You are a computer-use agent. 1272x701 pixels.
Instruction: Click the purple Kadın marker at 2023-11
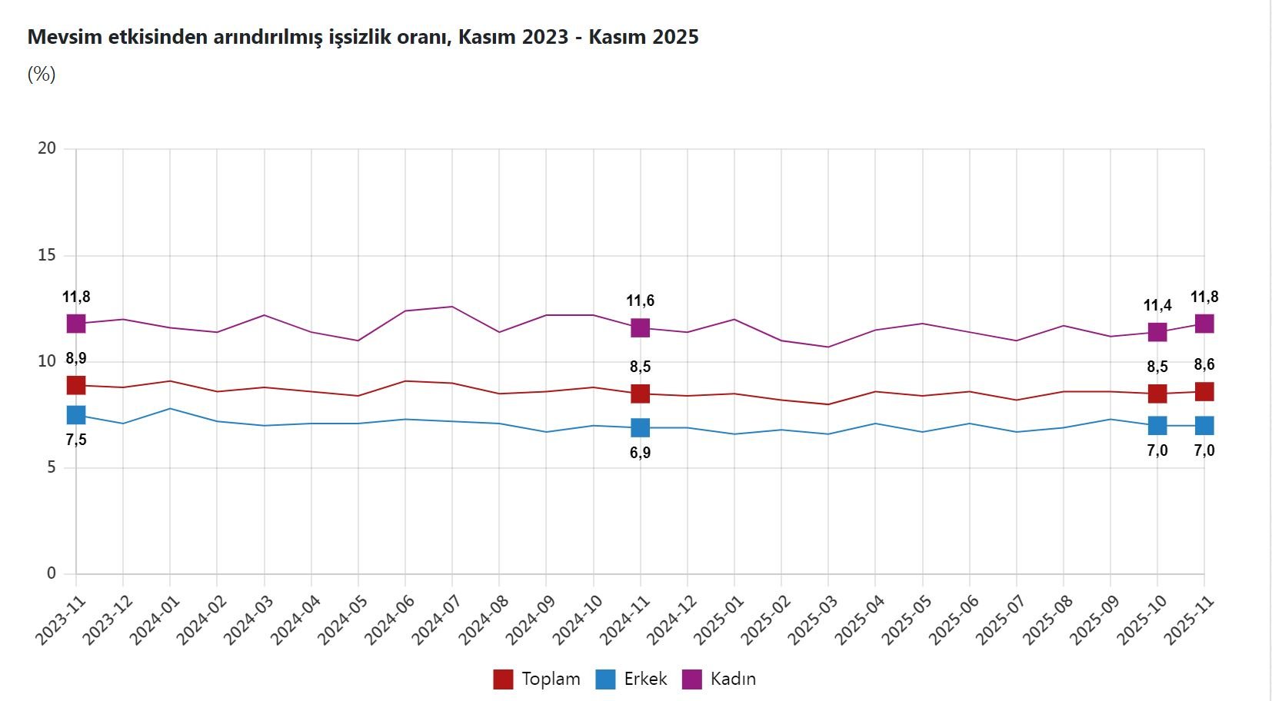[x=75, y=324]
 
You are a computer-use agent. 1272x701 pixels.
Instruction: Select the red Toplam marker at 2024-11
[x=640, y=394]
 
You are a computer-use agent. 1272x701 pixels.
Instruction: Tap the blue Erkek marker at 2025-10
[x=1157, y=425]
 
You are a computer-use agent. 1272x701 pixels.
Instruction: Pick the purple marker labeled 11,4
[x=1157, y=332]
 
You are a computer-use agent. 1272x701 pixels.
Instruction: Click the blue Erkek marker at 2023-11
[x=75, y=415]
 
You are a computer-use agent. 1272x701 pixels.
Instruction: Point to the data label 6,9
[x=640, y=453]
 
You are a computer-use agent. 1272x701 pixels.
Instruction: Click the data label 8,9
[x=75, y=358]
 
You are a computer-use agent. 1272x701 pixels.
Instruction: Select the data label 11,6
[x=640, y=301]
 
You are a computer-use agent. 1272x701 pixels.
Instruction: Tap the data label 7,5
[x=75, y=440]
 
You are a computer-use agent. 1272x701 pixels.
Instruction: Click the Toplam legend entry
[x=537, y=679]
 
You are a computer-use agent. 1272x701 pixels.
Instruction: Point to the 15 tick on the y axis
[x=47, y=255]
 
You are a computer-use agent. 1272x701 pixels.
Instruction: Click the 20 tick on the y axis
[x=47, y=148]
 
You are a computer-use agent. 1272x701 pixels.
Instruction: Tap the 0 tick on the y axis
[x=52, y=573]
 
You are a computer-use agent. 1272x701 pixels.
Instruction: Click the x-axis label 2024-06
[x=390, y=620]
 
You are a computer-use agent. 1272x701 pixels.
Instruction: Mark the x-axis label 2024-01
[x=155, y=620]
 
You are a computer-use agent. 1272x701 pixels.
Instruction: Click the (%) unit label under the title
[x=42, y=75]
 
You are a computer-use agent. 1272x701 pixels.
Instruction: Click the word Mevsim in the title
[x=65, y=37]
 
